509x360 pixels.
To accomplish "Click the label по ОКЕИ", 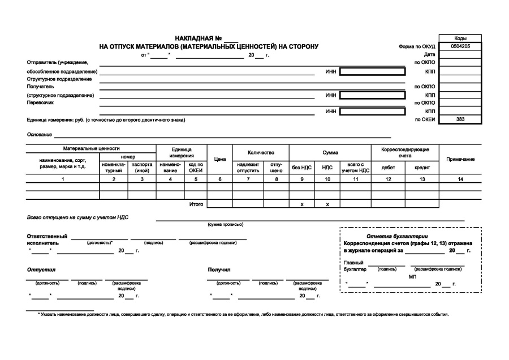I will pyautogui.click(x=425, y=120).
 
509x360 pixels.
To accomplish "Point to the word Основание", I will pyautogui.click(x=39, y=135).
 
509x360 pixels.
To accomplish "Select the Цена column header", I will pyautogui.click(x=219, y=160).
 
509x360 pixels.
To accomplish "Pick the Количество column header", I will pyautogui.click(x=261, y=153).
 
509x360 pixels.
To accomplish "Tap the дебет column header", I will pyautogui.click(x=389, y=168).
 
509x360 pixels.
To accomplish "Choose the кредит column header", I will pyautogui.click(x=422, y=168).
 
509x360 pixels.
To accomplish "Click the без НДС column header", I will pyautogui.click(x=302, y=168).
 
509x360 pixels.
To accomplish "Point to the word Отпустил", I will pyautogui.click(x=39, y=269).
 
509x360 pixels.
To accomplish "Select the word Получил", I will pyautogui.click(x=219, y=269).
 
